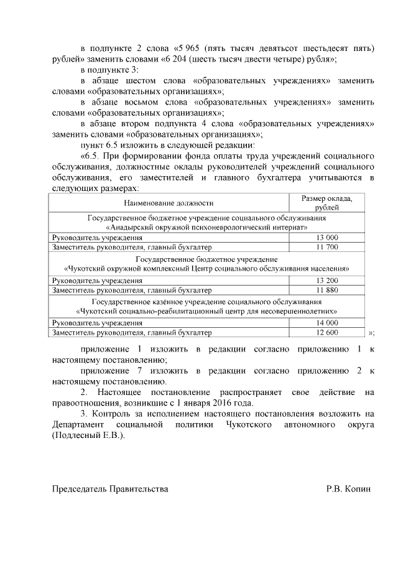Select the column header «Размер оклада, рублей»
(326, 203)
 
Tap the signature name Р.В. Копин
(348, 490)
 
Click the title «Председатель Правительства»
(109, 490)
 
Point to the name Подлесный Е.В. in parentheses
(88, 435)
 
